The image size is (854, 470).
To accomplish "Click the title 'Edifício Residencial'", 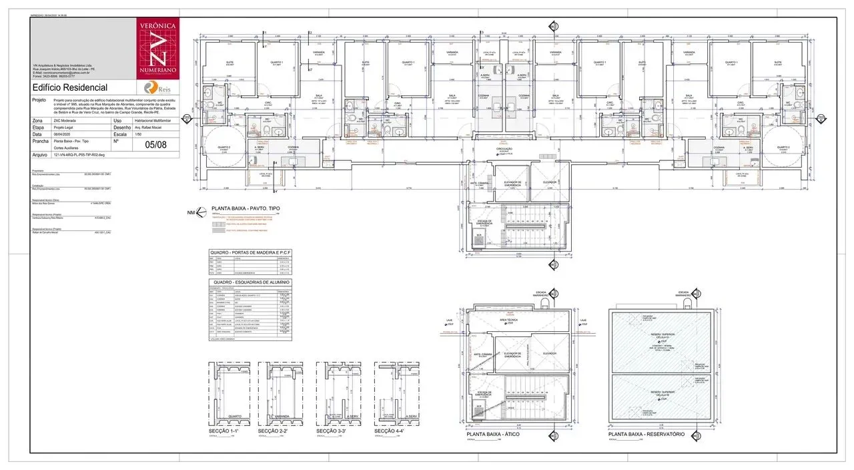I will tap(69, 87).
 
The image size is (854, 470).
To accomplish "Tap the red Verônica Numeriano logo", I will tap(157, 47).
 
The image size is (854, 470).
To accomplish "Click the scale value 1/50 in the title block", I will tap(139, 134).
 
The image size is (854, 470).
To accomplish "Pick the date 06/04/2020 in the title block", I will tap(62, 134).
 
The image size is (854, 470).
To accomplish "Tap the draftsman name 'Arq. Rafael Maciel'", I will tap(150, 127).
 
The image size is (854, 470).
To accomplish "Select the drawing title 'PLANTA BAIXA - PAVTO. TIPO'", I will tap(246, 209).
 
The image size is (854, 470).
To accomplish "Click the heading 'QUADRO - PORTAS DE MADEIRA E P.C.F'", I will tap(250, 252).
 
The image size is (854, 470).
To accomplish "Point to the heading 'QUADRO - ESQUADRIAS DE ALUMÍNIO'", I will tap(250, 282).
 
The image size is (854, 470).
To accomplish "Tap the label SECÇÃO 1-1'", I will tap(224, 432).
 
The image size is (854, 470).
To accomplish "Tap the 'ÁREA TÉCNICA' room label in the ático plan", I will tap(509, 321).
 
